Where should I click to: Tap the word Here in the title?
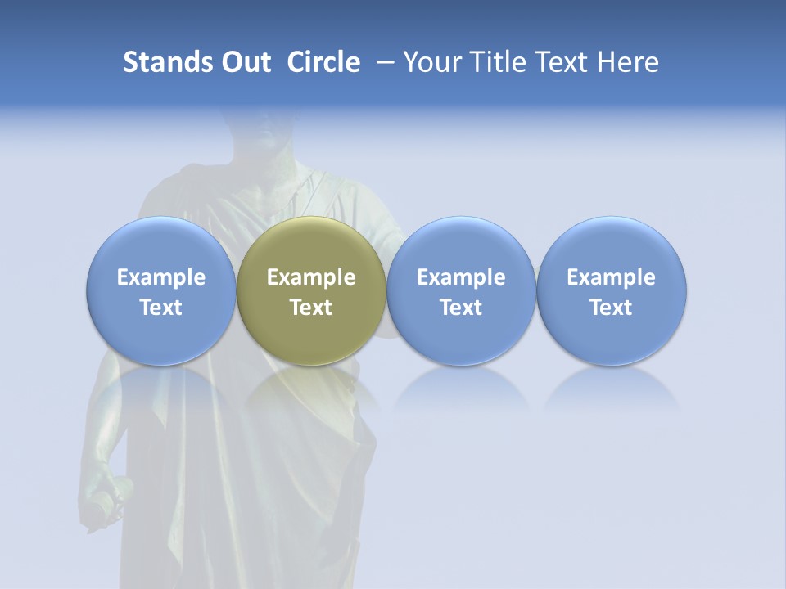point(628,62)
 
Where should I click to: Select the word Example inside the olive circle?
point(311,277)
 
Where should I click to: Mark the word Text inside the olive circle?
point(311,308)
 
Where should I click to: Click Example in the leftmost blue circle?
point(161,277)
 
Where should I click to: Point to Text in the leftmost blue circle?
point(161,308)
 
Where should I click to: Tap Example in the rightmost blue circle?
point(611,277)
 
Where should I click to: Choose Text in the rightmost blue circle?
point(611,308)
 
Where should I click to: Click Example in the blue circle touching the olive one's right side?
point(461,277)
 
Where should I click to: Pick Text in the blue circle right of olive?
point(461,308)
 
